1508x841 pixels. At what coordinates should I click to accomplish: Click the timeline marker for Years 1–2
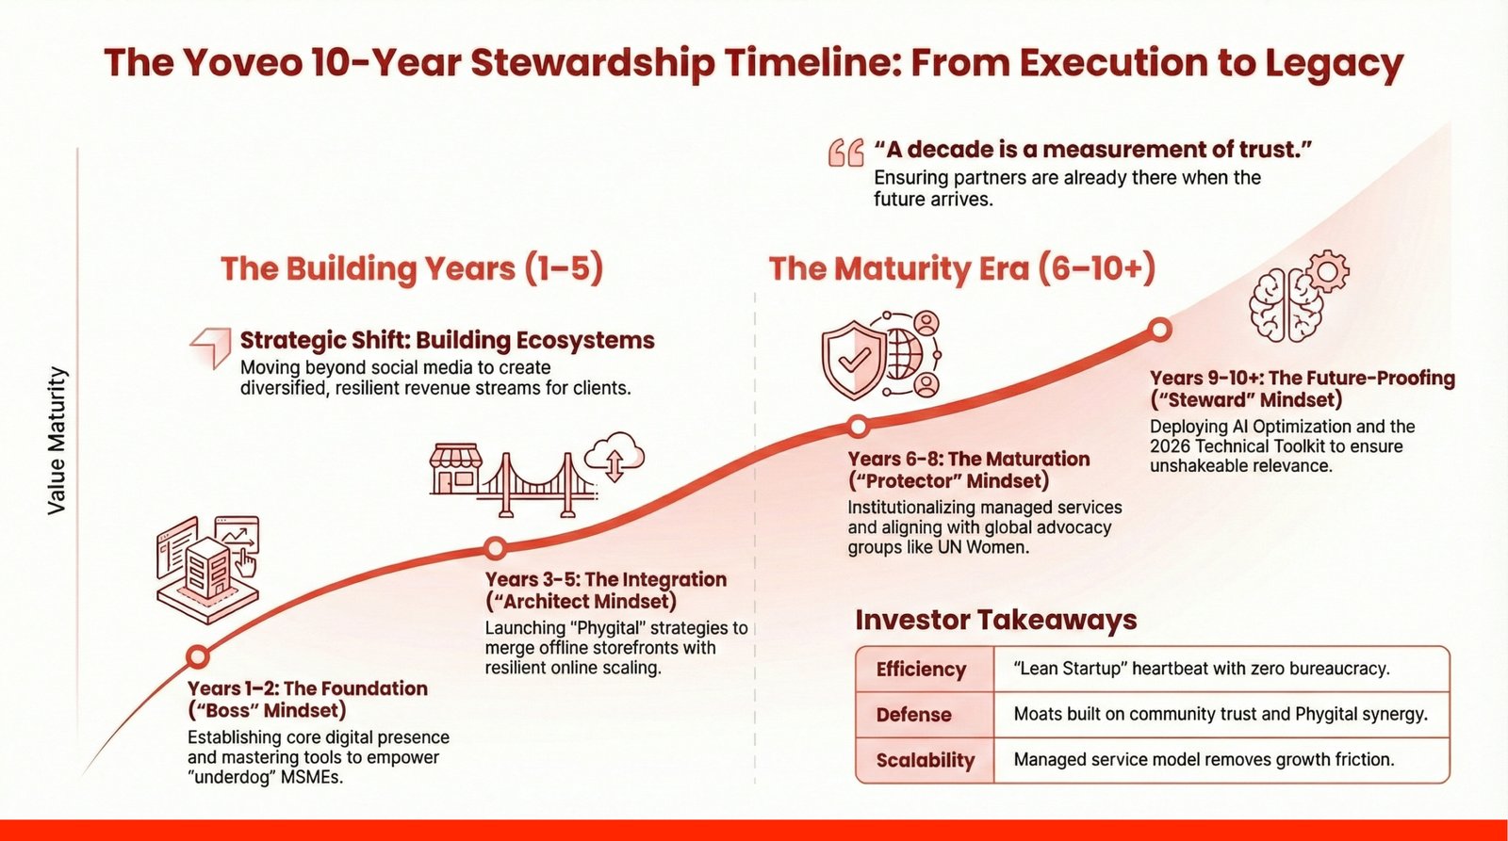[197, 656]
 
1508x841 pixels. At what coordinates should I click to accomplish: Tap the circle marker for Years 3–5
[495, 548]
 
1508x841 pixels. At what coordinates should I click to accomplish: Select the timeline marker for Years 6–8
[858, 427]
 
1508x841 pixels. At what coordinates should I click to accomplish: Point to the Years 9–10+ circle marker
[1160, 329]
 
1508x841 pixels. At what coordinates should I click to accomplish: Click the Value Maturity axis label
[57, 441]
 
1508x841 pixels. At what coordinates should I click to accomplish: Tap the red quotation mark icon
[845, 153]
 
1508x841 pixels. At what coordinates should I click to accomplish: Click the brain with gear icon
[1296, 297]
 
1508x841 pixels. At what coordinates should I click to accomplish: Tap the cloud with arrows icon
[615, 457]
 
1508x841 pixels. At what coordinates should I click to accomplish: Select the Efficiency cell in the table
[921, 669]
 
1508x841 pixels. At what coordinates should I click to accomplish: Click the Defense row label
[913, 715]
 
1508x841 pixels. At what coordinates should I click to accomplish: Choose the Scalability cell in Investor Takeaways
[925, 760]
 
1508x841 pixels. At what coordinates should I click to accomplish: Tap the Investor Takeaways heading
[995, 620]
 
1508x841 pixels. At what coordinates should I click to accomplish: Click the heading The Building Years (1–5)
[412, 268]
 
